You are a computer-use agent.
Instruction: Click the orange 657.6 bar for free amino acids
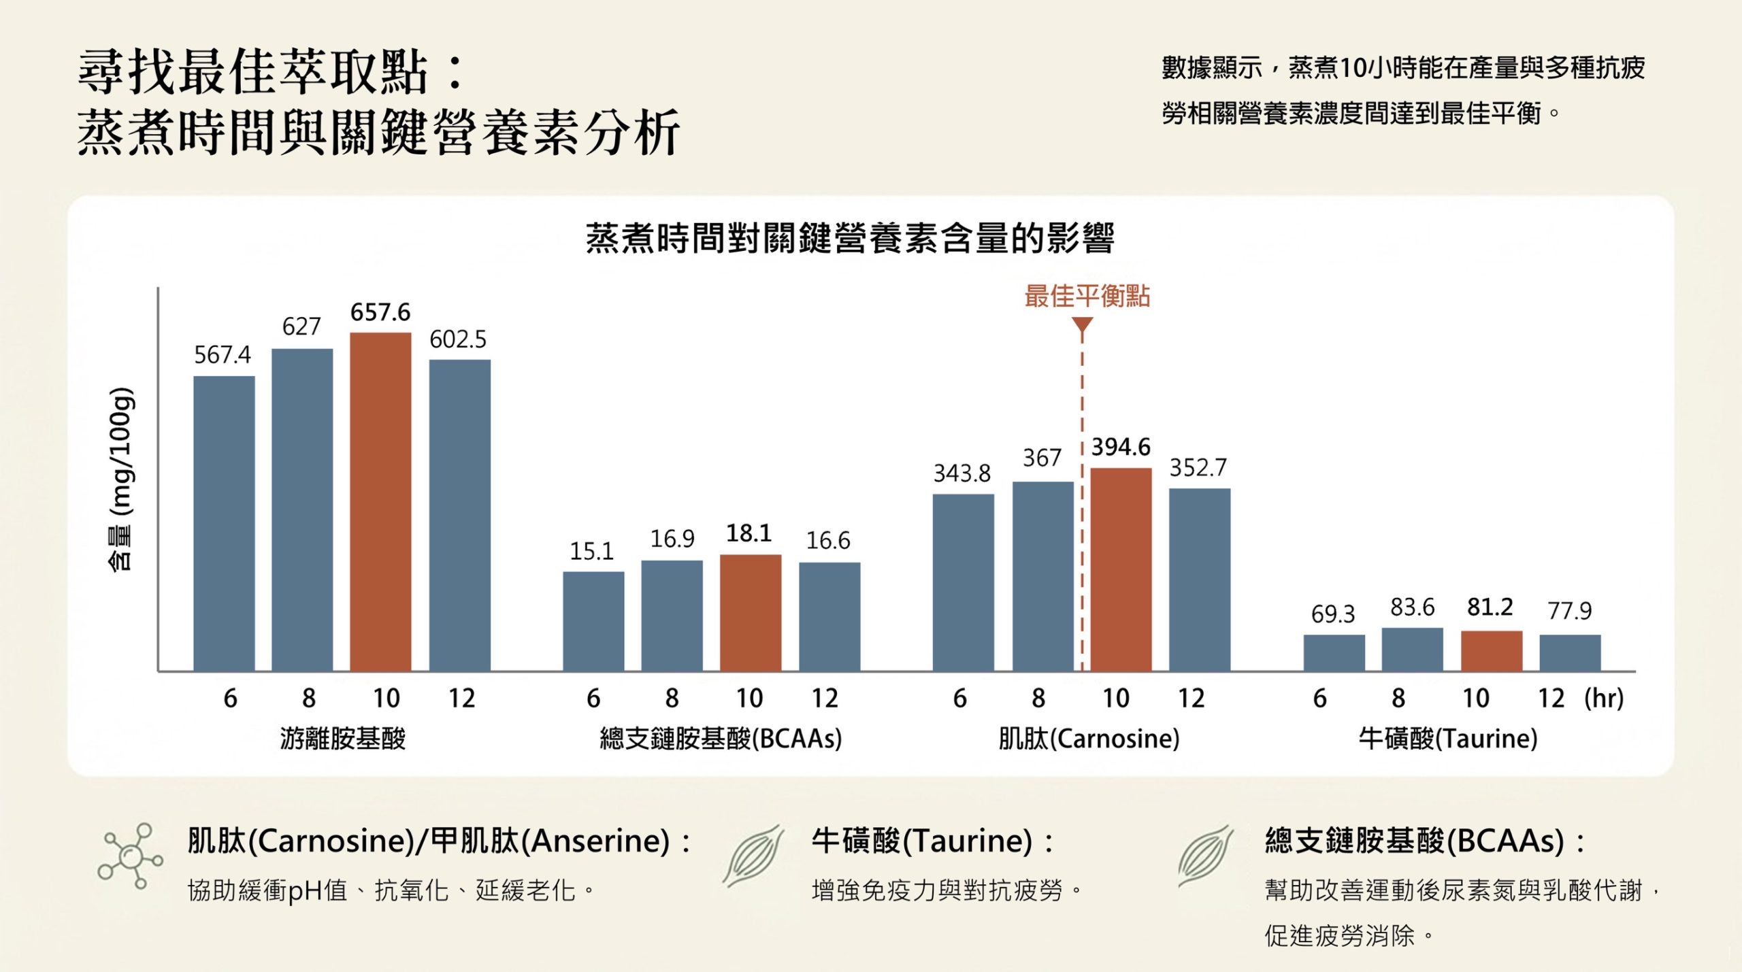(x=380, y=502)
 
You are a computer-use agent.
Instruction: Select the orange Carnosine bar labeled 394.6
(x=1121, y=570)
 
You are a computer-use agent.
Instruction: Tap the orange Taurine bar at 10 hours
(x=1491, y=651)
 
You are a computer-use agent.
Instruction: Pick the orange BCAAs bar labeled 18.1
(x=750, y=613)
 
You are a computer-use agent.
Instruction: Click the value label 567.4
(x=223, y=354)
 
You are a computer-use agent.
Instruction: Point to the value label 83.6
(x=1412, y=607)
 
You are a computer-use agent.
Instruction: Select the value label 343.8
(x=962, y=473)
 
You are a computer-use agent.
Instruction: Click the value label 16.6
(x=828, y=541)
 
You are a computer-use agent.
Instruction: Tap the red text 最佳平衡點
(x=1087, y=296)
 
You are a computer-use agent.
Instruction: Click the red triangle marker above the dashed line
(x=1082, y=326)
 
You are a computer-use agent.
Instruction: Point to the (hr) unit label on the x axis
(x=1604, y=698)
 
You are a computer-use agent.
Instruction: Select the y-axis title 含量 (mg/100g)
(x=122, y=480)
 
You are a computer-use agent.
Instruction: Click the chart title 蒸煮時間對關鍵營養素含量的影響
(x=850, y=238)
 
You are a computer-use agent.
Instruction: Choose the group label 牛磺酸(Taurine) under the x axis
(x=1448, y=738)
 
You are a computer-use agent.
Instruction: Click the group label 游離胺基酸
(x=343, y=738)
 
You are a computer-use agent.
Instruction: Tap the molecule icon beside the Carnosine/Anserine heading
(x=130, y=856)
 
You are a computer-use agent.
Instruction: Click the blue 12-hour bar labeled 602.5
(x=459, y=516)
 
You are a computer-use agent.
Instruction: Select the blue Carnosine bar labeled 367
(x=1042, y=577)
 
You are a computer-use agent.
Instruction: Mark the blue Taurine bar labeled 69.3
(x=1334, y=653)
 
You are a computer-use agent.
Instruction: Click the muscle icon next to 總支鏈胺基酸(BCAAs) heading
(x=1205, y=856)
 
